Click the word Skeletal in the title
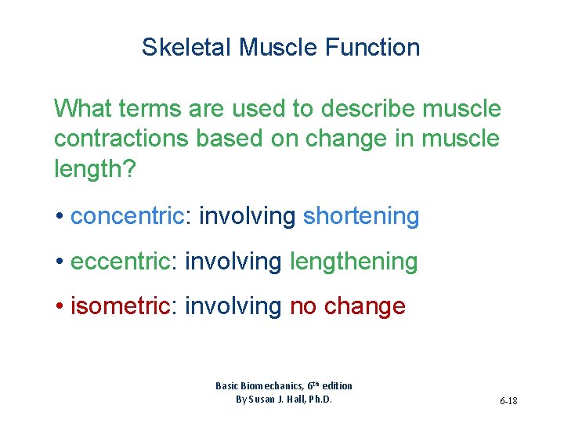coord(187,48)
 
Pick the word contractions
coord(121,138)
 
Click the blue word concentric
coord(126,216)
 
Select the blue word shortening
coord(361,216)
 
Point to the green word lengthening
coord(353,262)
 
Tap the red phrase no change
coord(348,306)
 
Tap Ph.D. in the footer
coord(320,399)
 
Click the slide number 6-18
coord(508,402)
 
